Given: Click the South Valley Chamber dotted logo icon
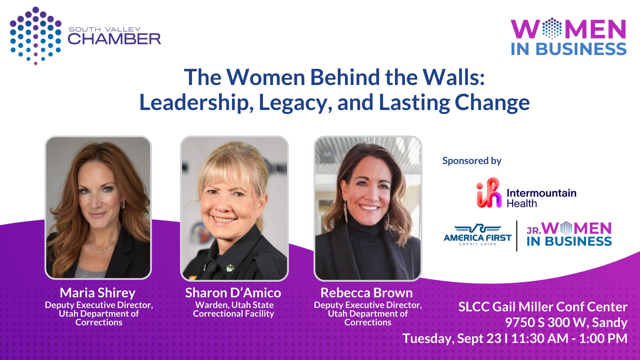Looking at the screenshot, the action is point(36,36).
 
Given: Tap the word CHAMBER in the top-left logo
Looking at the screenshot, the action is point(114,39).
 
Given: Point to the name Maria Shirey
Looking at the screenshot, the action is point(98,293).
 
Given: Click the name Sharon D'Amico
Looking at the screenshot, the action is point(233,293).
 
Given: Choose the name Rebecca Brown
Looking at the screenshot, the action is point(367,293).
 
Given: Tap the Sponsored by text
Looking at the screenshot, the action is point(472,161).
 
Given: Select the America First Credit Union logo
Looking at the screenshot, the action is point(478,235).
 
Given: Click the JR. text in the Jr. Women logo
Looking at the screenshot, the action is point(534,230).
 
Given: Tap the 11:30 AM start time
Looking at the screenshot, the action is point(540,338).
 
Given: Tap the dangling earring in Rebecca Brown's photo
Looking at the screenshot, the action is point(345,211).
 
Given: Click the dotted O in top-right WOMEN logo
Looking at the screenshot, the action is point(552,28).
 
